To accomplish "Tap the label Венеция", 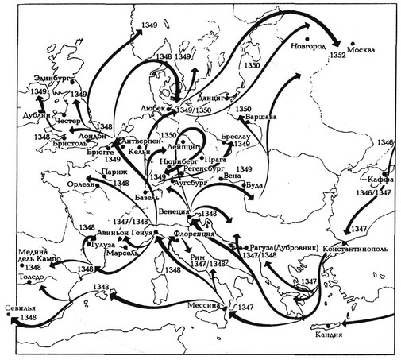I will (x=174, y=213).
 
